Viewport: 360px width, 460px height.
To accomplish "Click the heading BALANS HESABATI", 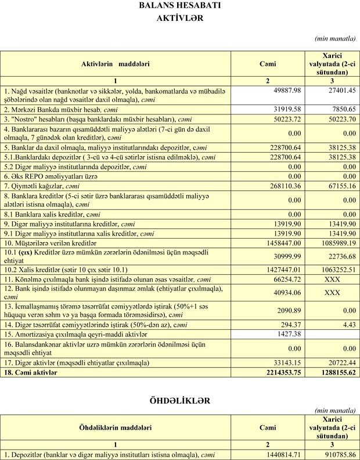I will (179, 6).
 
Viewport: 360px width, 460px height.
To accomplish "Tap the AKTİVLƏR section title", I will (180, 17).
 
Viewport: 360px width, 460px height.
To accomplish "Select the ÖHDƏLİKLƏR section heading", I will (179, 400).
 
